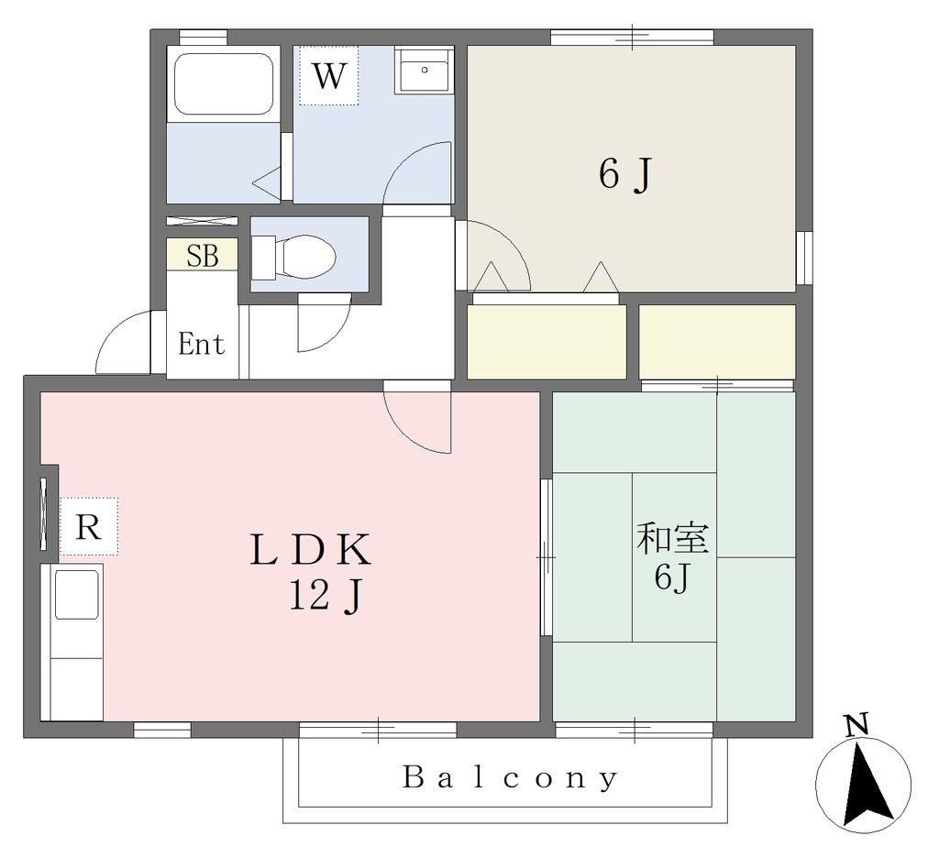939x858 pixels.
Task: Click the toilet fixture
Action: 293,258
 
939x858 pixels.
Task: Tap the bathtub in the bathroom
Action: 224,83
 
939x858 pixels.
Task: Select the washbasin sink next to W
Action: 424,71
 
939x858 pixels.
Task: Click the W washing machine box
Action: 329,75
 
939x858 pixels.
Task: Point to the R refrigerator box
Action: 89,527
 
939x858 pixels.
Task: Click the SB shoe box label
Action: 203,256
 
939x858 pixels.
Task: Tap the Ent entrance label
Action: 201,345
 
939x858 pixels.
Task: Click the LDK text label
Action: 310,550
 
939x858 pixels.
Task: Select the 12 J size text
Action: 326,597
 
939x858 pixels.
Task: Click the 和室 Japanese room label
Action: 672,538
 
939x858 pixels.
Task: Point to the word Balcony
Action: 510,777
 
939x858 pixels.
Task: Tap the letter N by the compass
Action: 857,725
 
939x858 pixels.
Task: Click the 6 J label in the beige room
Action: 624,175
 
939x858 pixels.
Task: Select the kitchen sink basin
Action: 77,595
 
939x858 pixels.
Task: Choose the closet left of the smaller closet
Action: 547,342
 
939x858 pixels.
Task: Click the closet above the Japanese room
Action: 717,342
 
